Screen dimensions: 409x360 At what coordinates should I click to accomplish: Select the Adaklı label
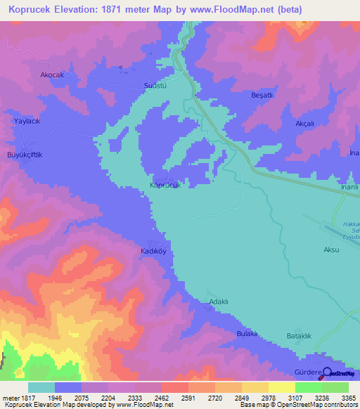220,302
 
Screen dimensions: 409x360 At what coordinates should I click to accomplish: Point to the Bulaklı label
247,333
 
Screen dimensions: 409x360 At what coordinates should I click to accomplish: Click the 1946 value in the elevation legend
68,398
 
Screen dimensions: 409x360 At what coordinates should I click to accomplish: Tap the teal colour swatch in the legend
41,387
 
